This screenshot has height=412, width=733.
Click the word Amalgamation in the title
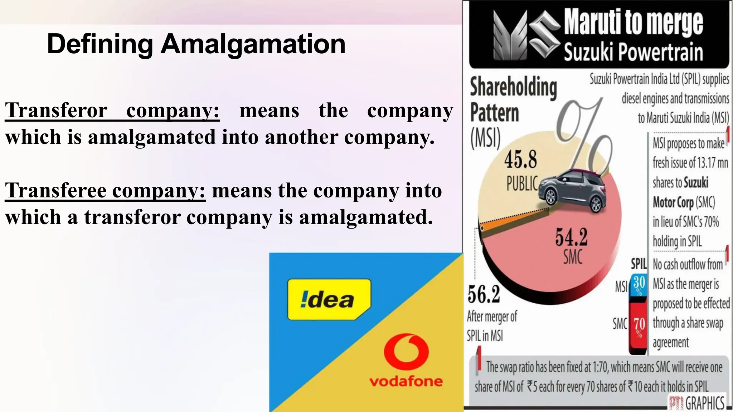(x=253, y=44)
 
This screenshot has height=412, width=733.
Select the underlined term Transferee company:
(x=105, y=190)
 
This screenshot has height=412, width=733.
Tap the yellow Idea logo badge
(x=329, y=299)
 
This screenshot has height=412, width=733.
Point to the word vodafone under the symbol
(x=406, y=382)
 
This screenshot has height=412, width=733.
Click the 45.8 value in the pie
(x=520, y=160)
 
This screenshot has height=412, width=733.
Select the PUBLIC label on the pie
(x=522, y=183)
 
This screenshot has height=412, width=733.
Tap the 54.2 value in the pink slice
(x=571, y=237)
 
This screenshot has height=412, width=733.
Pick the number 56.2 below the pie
(x=484, y=295)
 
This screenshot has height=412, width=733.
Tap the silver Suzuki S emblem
(x=544, y=34)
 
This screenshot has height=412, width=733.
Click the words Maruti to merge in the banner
(x=634, y=22)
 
